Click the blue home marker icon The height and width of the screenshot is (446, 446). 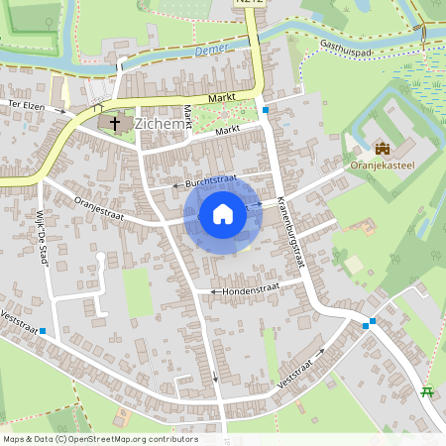tap(223, 213)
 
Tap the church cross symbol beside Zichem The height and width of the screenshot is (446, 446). tap(115, 124)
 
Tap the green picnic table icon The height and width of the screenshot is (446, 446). tap(428, 392)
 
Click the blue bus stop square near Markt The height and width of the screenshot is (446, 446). tap(266, 110)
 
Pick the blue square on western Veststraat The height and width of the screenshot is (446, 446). tap(43, 333)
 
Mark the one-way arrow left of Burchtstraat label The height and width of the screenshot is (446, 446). tap(176, 184)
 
